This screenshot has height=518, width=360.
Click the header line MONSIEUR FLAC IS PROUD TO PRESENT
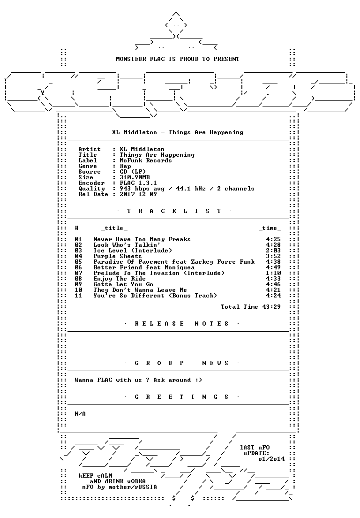[178, 59]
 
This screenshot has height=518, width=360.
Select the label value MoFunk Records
[145, 160]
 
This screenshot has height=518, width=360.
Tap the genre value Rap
[125, 166]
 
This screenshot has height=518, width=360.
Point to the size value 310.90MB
[135, 177]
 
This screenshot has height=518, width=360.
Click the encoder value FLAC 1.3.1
[138, 183]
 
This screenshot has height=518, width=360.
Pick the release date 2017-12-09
[138, 194]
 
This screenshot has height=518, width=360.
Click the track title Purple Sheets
[118, 256]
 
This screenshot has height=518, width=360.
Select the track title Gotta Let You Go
[123, 284]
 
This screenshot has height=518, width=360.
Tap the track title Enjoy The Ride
[120, 279]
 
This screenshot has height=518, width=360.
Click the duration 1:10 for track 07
[274, 273]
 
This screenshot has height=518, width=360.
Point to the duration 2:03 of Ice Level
[274, 251]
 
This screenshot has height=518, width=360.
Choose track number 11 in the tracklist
[78, 296]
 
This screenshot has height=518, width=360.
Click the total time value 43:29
[271, 307]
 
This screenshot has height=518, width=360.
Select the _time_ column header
[270, 229]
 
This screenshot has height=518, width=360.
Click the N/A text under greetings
[80, 414]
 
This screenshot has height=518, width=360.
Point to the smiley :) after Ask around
[198, 380]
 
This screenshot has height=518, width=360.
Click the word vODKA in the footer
[136, 481]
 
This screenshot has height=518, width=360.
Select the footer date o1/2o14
[271, 459]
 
